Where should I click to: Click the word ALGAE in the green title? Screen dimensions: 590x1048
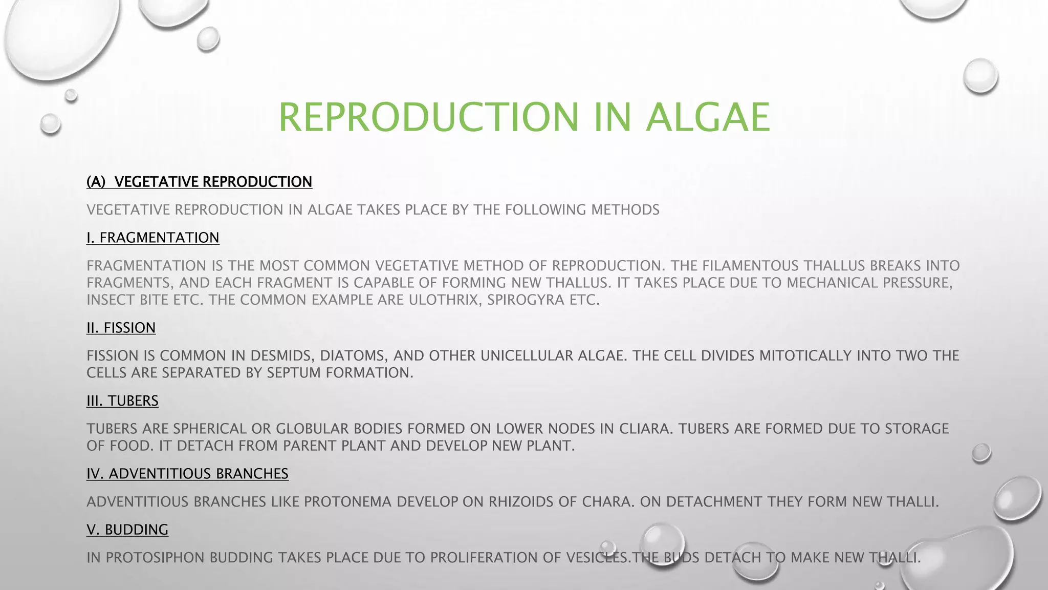tap(708, 117)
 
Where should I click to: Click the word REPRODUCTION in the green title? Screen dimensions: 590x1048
tap(428, 117)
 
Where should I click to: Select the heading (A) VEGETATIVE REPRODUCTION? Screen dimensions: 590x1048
tap(199, 182)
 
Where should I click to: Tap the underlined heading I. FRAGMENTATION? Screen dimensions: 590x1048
tap(152, 238)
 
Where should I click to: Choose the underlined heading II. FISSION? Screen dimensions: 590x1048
tap(121, 328)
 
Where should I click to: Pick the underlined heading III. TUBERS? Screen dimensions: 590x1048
tap(122, 401)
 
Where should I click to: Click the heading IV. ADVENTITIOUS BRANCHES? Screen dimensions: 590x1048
tap(187, 474)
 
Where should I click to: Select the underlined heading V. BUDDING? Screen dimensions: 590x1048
tap(127, 530)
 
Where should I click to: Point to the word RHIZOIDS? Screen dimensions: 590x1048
tap(521, 502)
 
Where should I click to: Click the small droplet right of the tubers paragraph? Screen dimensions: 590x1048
tap(981, 453)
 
